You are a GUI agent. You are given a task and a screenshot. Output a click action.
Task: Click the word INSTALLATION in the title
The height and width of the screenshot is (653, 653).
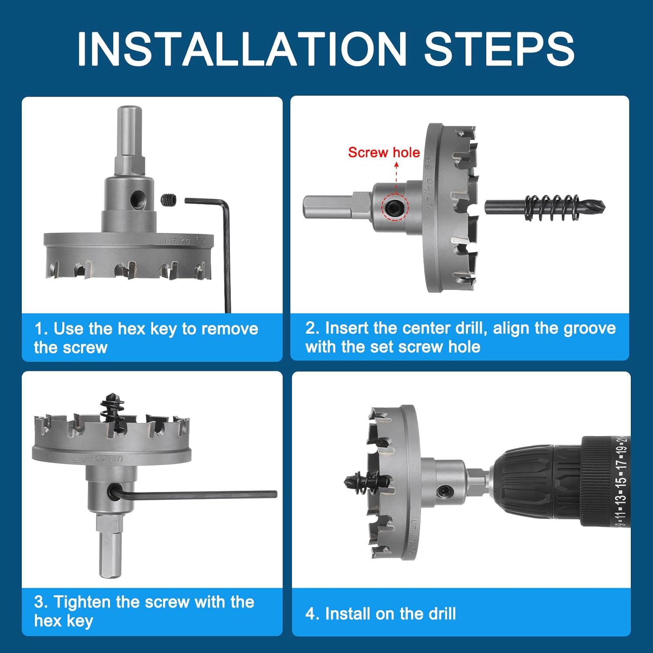tap(242, 48)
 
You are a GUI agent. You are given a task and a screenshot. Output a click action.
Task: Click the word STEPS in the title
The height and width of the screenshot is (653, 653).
tap(499, 48)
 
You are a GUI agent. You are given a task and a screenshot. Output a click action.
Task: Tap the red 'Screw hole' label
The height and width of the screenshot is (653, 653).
tap(384, 152)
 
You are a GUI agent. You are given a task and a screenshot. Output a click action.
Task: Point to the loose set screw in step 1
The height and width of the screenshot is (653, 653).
tap(169, 200)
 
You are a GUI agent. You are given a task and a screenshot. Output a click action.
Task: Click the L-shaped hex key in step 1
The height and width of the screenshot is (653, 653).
tap(226, 244)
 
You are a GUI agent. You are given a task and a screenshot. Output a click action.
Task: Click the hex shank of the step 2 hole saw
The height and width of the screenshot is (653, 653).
tap(336, 206)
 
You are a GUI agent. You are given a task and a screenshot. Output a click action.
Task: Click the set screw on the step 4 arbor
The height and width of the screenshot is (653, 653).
tap(445, 491)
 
